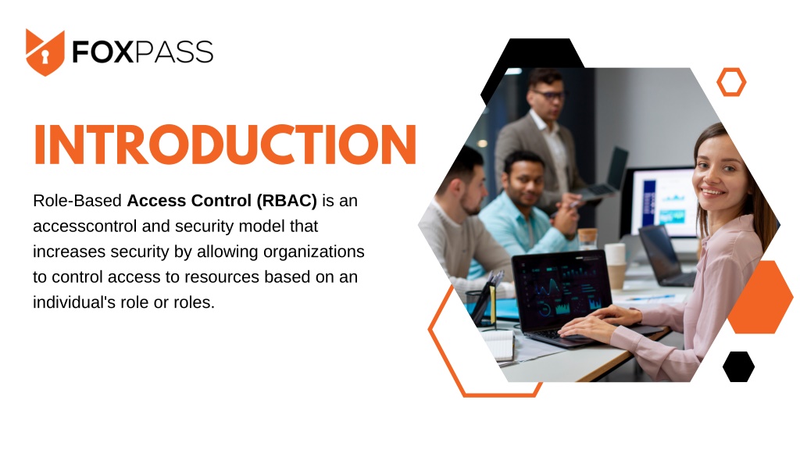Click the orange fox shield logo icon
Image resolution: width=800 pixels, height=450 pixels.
pyautogui.click(x=45, y=52)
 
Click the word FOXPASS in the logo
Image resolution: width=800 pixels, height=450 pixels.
pyautogui.click(x=142, y=52)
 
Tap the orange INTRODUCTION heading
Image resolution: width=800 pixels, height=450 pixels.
pyautogui.click(x=225, y=145)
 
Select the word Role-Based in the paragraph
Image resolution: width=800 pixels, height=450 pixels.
pyautogui.click(x=77, y=201)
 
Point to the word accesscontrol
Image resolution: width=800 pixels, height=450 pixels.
pyautogui.click(x=85, y=226)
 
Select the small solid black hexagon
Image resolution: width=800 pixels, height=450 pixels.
pyautogui.click(x=738, y=366)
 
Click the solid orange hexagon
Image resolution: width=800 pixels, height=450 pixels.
pyautogui.click(x=760, y=297)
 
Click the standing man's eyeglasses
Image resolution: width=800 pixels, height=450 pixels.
pyautogui.click(x=549, y=95)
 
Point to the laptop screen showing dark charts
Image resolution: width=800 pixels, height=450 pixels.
pyautogui.click(x=562, y=289)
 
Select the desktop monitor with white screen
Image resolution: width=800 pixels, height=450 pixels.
pyautogui.click(x=662, y=202)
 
